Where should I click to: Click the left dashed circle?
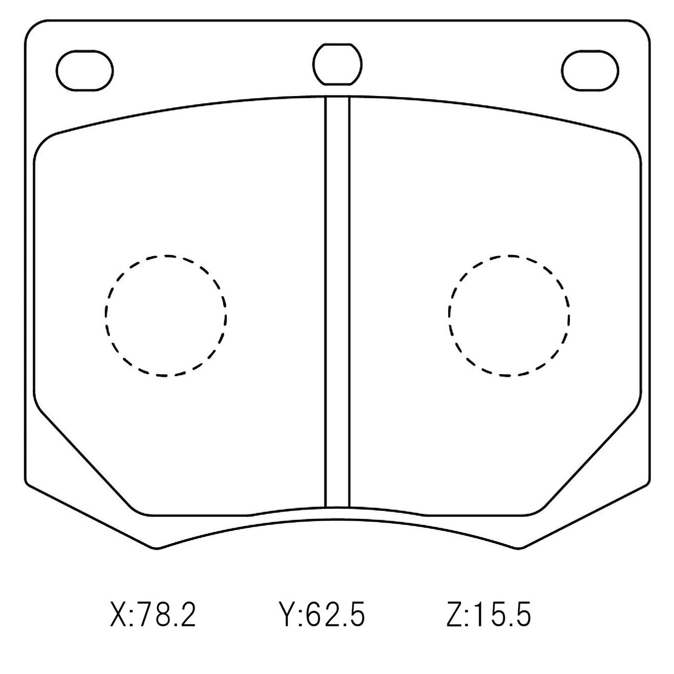pos(105,316)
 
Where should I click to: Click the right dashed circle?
pos(449,316)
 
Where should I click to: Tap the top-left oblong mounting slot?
pos(84,51)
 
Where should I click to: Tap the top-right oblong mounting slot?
pos(590,51)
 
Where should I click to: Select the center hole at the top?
pos(337,44)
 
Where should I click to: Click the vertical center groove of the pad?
pos(337,301)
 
